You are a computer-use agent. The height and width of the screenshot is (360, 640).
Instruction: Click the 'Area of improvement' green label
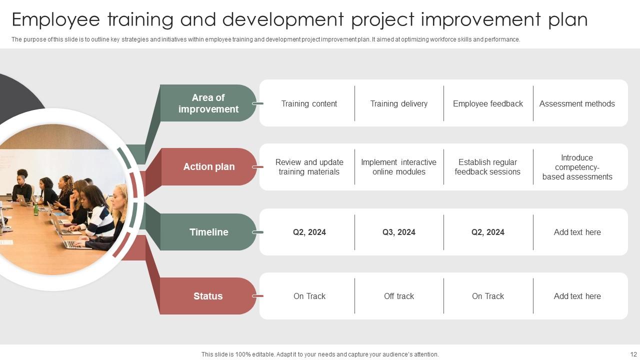pyautogui.click(x=208, y=103)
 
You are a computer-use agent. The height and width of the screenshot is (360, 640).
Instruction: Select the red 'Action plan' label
pyautogui.click(x=208, y=167)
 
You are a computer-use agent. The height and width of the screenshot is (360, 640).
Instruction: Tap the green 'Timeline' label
pyautogui.click(x=208, y=232)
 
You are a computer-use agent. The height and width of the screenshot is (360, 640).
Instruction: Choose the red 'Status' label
pyautogui.click(x=208, y=296)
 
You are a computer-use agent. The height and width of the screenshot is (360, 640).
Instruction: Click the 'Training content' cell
pyautogui.click(x=309, y=103)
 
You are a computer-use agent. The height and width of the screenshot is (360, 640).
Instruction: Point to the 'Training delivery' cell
pyautogui.click(x=398, y=103)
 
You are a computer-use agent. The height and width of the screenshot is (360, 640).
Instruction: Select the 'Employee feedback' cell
pyautogui.click(x=487, y=103)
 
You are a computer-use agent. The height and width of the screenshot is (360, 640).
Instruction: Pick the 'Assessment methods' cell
pyautogui.click(x=577, y=103)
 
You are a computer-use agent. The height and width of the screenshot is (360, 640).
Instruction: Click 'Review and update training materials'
pyautogui.click(x=309, y=167)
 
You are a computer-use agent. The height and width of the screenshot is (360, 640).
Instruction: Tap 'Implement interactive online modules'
pyautogui.click(x=398, y=167)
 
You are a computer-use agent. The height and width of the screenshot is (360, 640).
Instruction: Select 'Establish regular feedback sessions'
pyautogui.click(x=487, y=167)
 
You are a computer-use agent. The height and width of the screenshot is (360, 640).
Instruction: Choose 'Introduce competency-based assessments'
pyautogui.click(x=577, y=167)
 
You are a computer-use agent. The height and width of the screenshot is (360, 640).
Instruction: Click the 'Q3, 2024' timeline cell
pyautogui.click(x=398, y=232)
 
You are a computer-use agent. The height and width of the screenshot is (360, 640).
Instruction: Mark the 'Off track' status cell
pyautogui.click(x=398, y=296)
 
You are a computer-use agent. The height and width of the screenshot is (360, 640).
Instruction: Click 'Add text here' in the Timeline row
pyautogui.click(x=577, y=232)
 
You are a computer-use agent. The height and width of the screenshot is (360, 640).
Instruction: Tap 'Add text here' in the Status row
pyautogui.click(x=577, y=296)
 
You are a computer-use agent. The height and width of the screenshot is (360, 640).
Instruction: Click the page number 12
pyautogui.click(x=633, y=354)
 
